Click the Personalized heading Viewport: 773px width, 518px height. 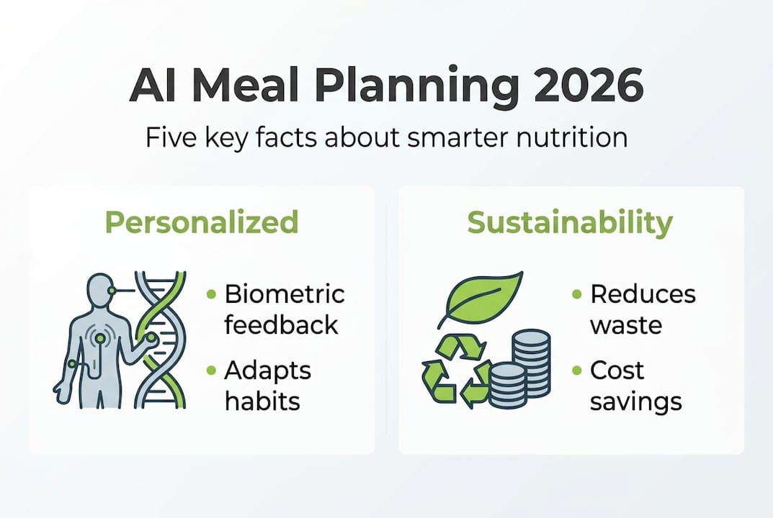[x=202, y=223]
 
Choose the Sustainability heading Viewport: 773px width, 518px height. [x=570, y=223]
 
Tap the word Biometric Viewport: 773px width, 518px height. [x=285, y=294]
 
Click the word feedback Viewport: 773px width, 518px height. [x=281, y=324]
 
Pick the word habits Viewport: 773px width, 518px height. [x=262, y=401]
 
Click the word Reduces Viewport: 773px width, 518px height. [x=643, y=294]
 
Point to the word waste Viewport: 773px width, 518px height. [x=626, y=324]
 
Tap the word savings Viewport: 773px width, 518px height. [x=635, y=401]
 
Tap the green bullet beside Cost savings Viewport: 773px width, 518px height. [x=577, y=371]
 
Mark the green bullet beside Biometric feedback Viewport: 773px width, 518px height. [x=211, y=294]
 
